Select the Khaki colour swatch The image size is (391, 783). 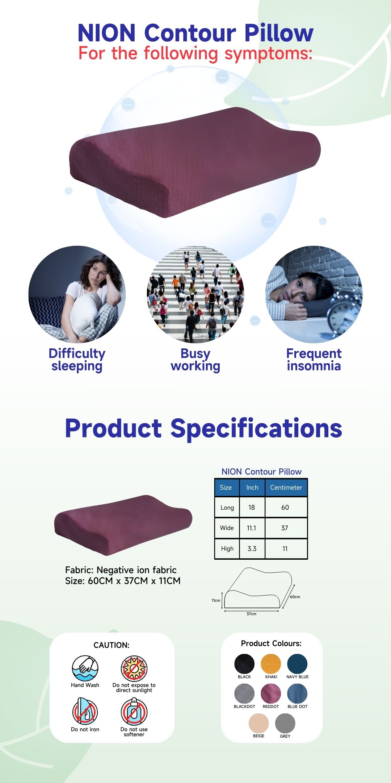tap(271, 664)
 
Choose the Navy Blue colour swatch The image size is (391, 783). tap(297, 664)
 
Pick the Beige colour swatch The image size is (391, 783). tap(258, 723)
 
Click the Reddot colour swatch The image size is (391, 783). tap(271, 693)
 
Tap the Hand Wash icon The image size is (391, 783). tap(85, 668)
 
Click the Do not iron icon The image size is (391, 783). tap(85, 711)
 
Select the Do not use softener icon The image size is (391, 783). tap(134, 711)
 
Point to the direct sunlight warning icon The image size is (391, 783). tap(134, 668)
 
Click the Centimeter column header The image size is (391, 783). tap(286, 488)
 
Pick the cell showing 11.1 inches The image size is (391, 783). tap(252, 528)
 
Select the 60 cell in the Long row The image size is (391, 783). tap(285, 507)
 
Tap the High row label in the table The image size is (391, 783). tap(227, 548)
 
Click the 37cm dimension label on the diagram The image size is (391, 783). tap(251, 614)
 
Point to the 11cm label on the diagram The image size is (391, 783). tap(216, 600)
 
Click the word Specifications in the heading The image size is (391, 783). tap(256, 429)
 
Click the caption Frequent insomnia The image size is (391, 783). tap(314, 360)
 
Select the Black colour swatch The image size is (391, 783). tap(244, 664)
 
